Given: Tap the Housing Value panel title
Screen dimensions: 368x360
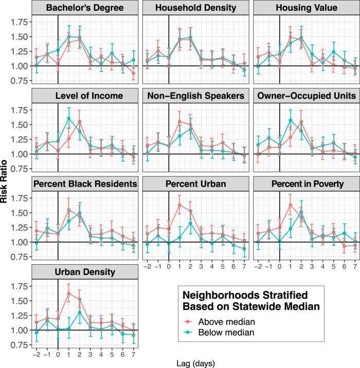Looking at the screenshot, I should [300, 8].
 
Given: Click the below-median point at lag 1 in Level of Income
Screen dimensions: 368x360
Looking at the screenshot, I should [68, 119].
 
